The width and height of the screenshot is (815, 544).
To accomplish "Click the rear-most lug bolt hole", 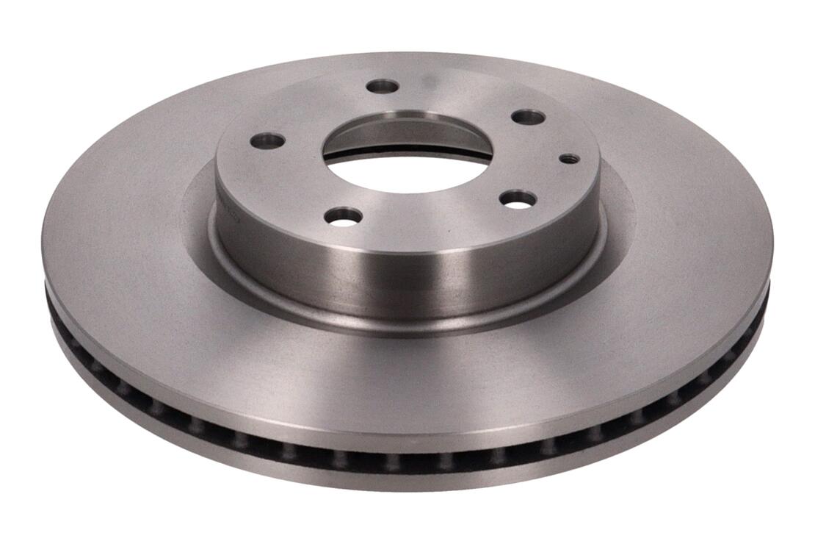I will [383, 86].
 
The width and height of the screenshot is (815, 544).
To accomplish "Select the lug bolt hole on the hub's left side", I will [267, 140].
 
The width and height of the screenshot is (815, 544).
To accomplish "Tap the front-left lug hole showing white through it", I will [344, 216].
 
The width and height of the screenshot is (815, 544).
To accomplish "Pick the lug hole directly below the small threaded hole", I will [518, 198].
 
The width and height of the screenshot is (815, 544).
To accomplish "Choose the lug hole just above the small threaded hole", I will [529, 117].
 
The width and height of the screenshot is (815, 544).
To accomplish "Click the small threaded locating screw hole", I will [569, 158].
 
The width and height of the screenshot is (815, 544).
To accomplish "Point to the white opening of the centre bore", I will [407, 173].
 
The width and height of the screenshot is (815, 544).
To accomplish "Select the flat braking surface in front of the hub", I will [411, 382].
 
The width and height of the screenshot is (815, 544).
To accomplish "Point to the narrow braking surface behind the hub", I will [411, 62].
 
